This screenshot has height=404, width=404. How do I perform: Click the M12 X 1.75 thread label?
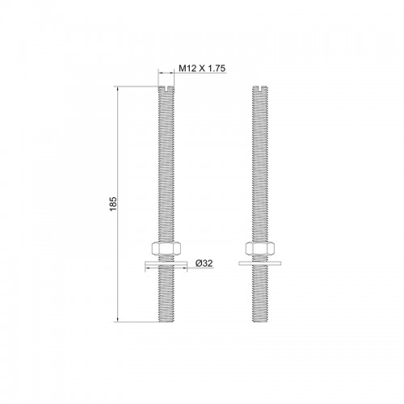tap(202, 69)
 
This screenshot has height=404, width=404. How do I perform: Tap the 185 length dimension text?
tap(113, 204)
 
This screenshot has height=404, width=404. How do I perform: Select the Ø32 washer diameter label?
tap(204, 263)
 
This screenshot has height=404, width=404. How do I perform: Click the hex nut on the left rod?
tap(166, 248)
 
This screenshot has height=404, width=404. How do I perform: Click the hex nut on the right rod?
tap(260, 248)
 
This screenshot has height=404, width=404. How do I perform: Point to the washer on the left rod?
tap(166, 263)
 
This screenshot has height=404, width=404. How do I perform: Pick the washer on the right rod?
tap(260, 263)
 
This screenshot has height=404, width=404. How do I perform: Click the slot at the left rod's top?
tap(166, 89)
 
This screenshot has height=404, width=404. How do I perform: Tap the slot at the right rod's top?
tap(260, 89)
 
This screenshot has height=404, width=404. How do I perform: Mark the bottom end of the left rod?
tap(166, 322)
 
